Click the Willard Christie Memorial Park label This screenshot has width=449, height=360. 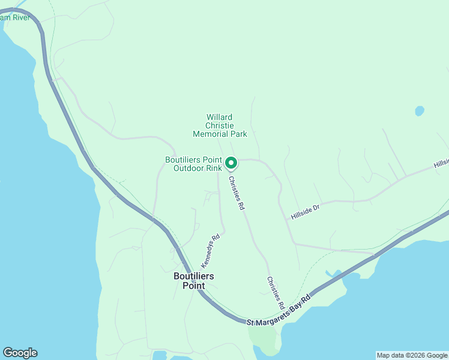tap(220, 126)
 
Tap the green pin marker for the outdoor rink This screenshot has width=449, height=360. tap(231, 163)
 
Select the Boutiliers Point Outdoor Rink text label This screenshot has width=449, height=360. tap(193, 164)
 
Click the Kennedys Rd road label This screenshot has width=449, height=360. tap(211, 251)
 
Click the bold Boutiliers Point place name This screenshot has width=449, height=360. tap(194, 281)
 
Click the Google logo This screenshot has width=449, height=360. tap(20, 353)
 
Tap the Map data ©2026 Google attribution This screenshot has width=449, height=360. tap(412, 355)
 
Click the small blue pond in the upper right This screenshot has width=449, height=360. tap(419, 111)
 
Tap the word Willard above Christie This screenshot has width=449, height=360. tap(220, 118)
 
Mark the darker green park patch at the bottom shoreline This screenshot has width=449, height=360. tap(264, 340)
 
